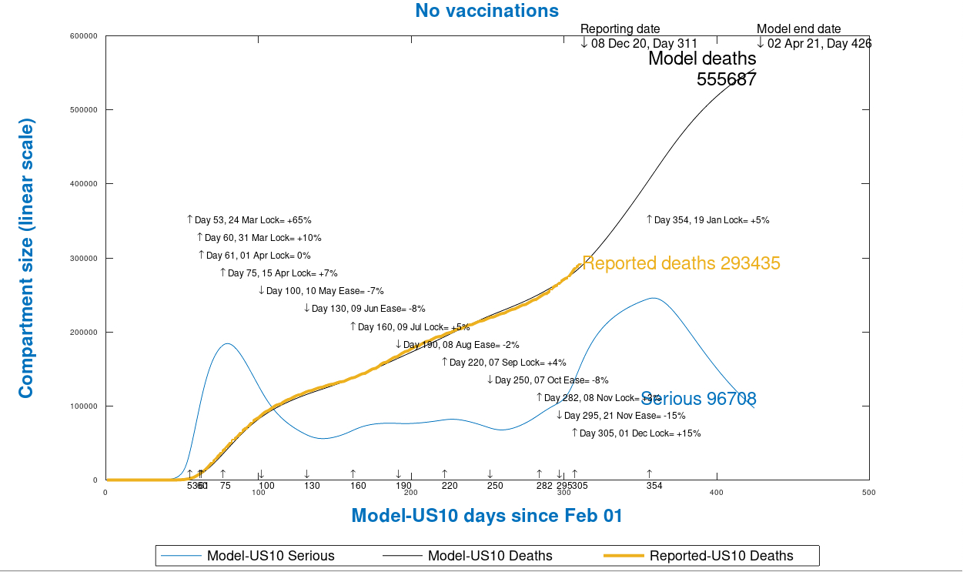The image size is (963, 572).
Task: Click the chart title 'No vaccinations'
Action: tap(487, 11)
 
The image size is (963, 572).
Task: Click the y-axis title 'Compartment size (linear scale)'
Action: tap(26, 258)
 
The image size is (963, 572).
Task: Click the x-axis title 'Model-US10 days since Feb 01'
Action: tap(487, 515)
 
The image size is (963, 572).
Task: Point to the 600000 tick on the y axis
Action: tap(84, 36)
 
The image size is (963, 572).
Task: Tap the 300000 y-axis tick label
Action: tap(84, 258)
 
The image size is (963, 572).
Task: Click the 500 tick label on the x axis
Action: tap(868, 492)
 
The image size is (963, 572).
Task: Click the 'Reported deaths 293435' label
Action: tap(681, 263)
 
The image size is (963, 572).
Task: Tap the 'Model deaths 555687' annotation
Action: tap(702, 69)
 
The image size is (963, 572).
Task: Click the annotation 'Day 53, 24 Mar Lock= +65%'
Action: tap(249, 220)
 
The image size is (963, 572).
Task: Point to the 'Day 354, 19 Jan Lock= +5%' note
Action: tap(707, 220)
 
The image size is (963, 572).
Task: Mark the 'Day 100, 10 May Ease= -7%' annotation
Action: tap(321, 291)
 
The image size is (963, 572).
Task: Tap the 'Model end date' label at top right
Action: tap(798, 29)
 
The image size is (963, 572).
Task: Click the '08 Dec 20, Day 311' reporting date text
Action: tap(644, 44)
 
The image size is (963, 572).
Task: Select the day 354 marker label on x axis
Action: tap(654, 486)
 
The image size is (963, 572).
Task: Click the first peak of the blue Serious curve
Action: tap(228, 343)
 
